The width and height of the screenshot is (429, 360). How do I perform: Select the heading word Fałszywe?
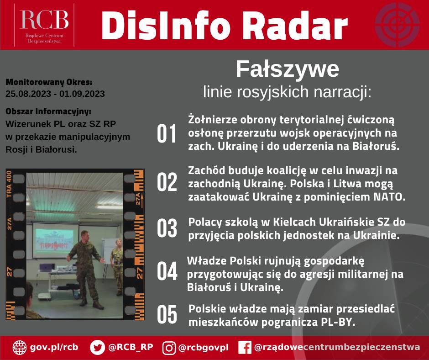(x=287, y=69)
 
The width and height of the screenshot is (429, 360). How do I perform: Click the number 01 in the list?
(x=167, y=133)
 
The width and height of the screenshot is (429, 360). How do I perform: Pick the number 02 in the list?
(x=167, y=182)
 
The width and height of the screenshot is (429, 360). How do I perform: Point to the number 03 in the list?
(x=167, y=228)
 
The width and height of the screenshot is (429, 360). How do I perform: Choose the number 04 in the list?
(x=167, y=271)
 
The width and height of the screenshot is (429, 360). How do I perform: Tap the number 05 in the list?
(x=167, y=314)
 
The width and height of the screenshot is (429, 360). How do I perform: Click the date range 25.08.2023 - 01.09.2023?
(x=55, y=94)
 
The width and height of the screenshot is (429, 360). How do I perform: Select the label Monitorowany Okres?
(x=49, y=83)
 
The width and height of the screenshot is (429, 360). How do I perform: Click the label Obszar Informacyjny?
(x=48, y=111)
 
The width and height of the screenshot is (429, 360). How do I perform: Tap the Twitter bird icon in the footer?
(x=97, y=347)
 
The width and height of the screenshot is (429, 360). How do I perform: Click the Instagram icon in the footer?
(x=169, y=348)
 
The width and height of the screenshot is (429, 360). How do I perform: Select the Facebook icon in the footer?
(x=245, y=348)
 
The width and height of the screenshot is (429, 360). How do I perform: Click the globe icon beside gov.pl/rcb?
(x=19, y=347)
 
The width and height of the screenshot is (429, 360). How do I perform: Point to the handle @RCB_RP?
(x=131, y=347)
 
